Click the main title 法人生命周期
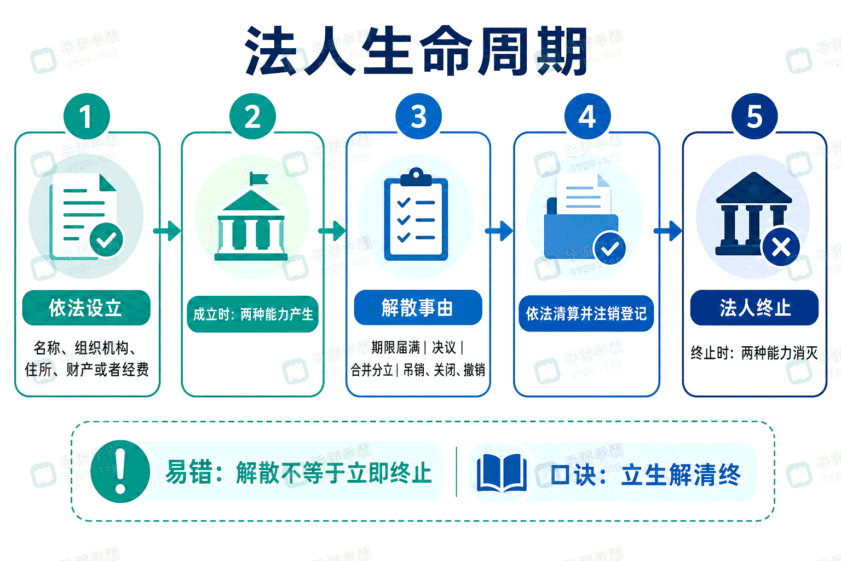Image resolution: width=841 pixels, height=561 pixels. [x=416, y=51]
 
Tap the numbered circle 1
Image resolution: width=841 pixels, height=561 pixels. [x=87, y=116]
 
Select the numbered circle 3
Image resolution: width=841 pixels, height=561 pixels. [x=419, y=116]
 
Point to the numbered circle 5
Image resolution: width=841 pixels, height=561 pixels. [x=754, y=116]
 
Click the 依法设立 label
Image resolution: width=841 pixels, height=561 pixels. [x=86, y=308]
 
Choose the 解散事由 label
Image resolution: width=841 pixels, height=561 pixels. [x=418, y=307]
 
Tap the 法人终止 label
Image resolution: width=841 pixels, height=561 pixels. [x=754, y=308]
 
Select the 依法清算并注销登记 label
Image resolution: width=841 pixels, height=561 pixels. [x=586, y=313]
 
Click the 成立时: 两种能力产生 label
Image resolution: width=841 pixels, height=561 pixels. [x=252, y=314]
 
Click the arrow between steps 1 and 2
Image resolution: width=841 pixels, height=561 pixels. [x=167, y=231]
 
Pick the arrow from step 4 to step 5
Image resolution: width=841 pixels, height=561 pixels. [x=668, y=231]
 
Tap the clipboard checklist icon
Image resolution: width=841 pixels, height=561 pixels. [x=416, y=214]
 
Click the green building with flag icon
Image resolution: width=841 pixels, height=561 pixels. [x=251, y=216]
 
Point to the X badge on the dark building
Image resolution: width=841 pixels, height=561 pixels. [x=781, y=247]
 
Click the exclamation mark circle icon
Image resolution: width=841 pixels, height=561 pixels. [x=120, y=471]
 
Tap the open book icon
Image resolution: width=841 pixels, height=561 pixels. [x=502, y=473]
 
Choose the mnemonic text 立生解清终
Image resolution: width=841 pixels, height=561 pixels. [x=681, y=475]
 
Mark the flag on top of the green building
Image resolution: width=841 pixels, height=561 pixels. [x=259, y=179]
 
